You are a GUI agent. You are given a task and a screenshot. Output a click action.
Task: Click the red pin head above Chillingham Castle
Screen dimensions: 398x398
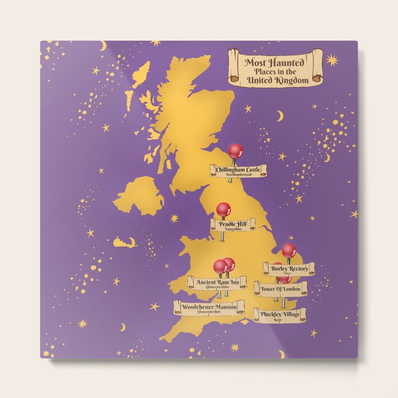(x=235, y=151)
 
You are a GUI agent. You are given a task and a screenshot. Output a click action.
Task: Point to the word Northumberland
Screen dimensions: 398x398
(x=239, y=175)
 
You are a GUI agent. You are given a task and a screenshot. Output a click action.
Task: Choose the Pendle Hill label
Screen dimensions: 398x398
(x=233, y=223)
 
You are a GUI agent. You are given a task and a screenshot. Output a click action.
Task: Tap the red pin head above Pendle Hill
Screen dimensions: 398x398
(x=223, y=209)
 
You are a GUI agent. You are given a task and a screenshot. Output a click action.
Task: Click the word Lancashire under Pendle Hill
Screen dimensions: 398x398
(x=233, y=230)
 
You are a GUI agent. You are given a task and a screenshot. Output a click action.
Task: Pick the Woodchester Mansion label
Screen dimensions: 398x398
(x=209, y=307)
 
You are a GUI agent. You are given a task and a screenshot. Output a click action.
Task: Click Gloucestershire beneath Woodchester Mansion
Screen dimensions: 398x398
(x=209, y=313)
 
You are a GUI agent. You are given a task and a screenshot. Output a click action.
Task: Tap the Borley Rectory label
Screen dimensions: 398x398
(x=290, y=268)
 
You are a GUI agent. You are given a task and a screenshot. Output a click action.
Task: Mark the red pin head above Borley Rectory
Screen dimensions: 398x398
(x=289, y=250)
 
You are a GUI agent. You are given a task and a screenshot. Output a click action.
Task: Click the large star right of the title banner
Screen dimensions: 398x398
(x=332, y=60)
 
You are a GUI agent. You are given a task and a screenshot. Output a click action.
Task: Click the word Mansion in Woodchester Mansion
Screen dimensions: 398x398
(x=226, y=307)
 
